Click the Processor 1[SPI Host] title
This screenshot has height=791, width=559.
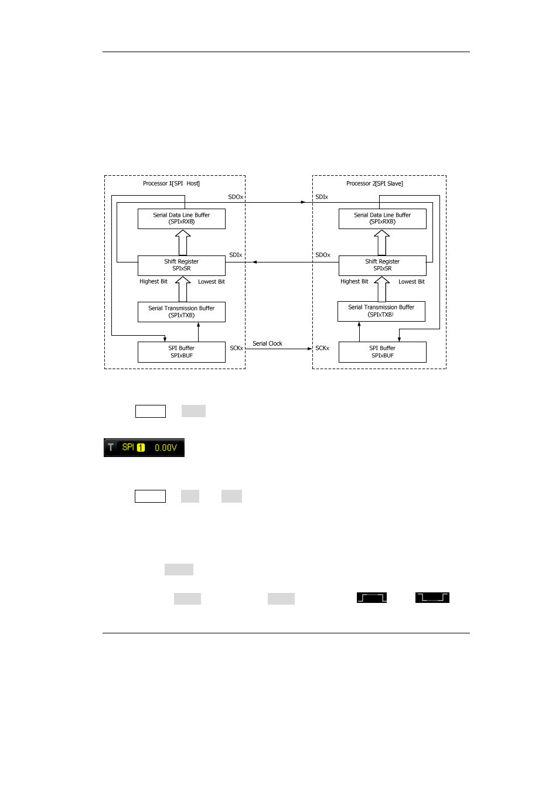[171, 183]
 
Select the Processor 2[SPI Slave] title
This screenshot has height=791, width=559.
[374, 183]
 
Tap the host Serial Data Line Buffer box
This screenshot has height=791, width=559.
[182, 219]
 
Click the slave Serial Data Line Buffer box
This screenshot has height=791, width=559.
[383, 219]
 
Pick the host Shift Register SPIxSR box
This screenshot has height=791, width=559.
[182, 265]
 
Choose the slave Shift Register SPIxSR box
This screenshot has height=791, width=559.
[383, 265]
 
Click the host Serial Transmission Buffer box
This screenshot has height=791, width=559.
[182, 312]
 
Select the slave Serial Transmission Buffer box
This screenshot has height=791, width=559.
[381, 311]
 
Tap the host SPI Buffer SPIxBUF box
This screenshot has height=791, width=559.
[182, 352]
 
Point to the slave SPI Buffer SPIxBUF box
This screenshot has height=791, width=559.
[383, 352]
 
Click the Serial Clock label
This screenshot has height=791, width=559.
[267, 343]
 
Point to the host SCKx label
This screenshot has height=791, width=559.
[237, 348]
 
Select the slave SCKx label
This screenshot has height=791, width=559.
[322, 348]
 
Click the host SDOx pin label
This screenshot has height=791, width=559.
[236, 197]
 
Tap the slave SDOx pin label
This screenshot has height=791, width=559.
[323, 255]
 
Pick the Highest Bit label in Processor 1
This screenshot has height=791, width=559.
[154, 281]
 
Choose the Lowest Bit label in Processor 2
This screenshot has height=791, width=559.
[411, 281]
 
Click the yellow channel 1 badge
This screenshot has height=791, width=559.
[141, 448]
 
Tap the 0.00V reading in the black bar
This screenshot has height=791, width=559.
[166, 448]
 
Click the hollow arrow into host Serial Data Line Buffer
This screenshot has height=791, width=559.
[183, 242]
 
